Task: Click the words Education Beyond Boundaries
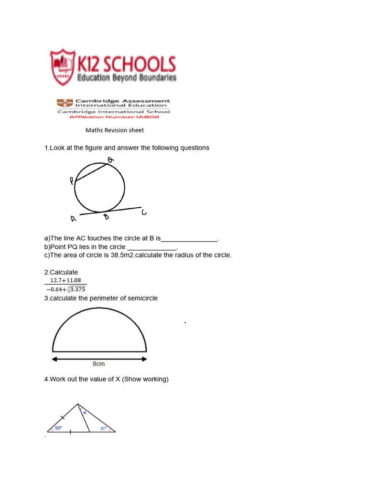pos(127,78)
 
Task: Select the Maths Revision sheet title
pos(115,130)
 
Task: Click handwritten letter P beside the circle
pos(72,181)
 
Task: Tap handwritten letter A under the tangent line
pos(73,219)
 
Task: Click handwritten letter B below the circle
pos(106,217)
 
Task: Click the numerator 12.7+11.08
pos(65,280)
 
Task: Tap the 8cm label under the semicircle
pos(98,364)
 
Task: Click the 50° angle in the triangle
pos(58,428)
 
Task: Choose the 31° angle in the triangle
pos(103,428)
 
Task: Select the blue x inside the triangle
pos(85,412)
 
